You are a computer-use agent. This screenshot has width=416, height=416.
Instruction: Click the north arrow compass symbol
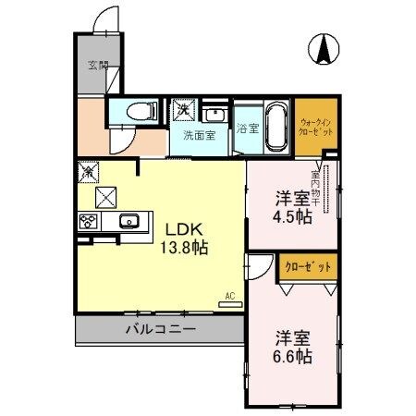coord(325,48)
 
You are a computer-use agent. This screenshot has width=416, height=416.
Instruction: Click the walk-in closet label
coord(315,127)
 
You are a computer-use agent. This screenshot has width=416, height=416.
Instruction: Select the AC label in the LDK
coord(228,298)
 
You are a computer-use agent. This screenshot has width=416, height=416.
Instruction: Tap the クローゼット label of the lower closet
coord(306,267)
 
